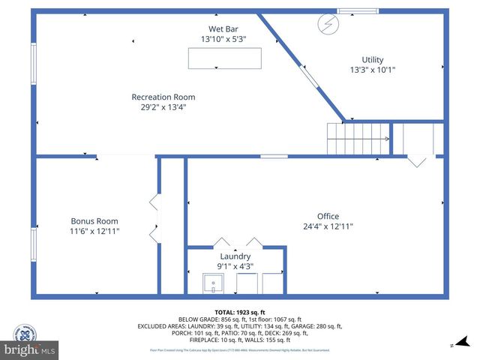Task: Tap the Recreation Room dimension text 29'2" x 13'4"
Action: click(163, 107)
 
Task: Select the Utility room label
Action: click(372, 60)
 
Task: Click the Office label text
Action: click(328, 216)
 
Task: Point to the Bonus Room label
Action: click(94, 221)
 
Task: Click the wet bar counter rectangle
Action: click(224, 58)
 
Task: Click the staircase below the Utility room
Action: click(357, 139)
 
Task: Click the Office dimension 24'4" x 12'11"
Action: click(328, 226)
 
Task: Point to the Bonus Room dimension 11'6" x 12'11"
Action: click(94, 232)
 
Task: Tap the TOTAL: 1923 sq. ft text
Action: click(239, 310)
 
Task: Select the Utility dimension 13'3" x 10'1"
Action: click(372, 70)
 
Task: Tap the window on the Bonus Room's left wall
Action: click(33, 244)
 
